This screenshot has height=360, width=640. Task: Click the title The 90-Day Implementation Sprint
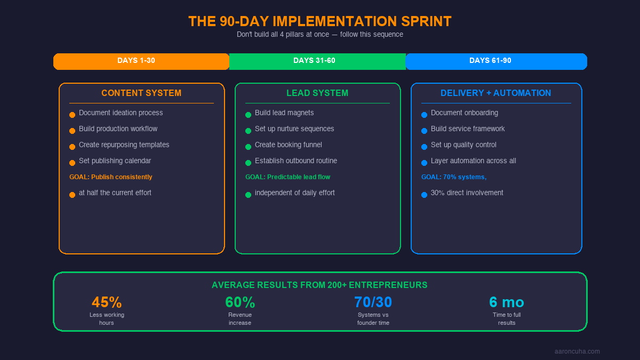320,21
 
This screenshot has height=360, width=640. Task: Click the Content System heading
141,93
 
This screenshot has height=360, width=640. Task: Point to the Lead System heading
317,93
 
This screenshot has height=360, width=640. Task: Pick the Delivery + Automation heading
495,93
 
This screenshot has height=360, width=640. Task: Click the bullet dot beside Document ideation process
72,115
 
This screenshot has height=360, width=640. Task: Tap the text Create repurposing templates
124,145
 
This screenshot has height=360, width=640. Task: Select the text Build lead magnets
284,113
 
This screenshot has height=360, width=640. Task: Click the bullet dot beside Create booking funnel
248,147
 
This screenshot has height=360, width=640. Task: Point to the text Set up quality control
463,145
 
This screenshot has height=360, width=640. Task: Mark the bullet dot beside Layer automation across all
424,163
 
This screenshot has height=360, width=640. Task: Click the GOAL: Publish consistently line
111,177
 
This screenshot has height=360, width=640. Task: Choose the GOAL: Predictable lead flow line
287,177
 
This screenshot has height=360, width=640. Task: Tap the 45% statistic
107,302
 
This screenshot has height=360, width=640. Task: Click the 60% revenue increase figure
240,302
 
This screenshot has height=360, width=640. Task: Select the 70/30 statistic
373,302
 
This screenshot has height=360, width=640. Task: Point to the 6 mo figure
507,302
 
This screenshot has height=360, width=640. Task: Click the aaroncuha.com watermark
577,351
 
